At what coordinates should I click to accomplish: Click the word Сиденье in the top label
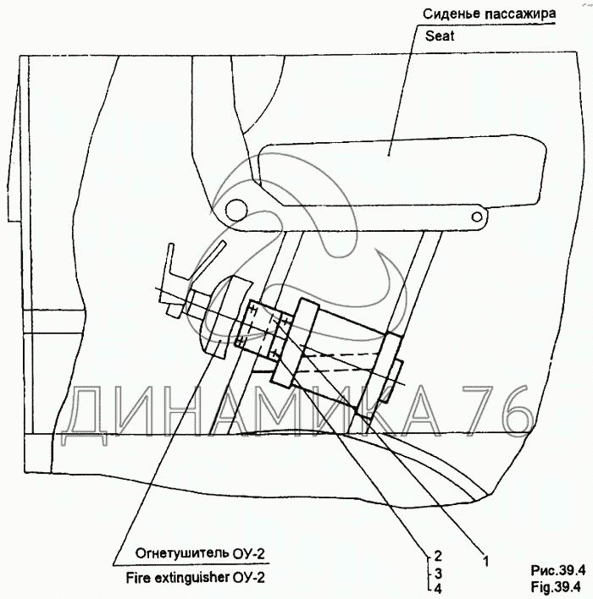tap(452, 14)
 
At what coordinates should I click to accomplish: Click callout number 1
tap(485, 558)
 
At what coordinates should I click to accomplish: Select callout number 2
tap(439, 557)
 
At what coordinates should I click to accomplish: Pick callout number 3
tap(439, 572)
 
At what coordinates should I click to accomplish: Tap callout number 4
tap(439, 587)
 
